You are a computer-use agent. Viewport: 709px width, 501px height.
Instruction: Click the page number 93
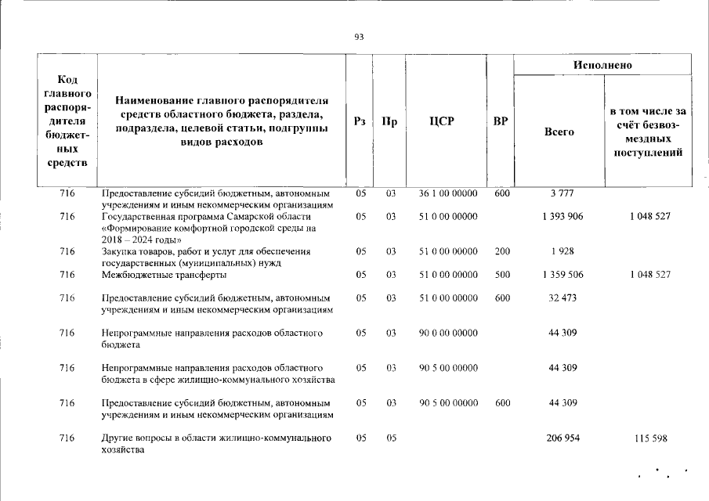(359, 37)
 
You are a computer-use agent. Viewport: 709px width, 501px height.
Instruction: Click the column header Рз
(360, 121)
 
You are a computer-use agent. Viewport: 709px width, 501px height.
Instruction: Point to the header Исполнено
(602, 64)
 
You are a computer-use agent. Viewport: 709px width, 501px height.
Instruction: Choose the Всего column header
(559, 132)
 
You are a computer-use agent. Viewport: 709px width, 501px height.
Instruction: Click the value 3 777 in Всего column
(562, 193)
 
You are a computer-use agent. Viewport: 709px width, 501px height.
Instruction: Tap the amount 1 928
(562, 251)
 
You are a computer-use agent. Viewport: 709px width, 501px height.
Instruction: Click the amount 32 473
(562, 298)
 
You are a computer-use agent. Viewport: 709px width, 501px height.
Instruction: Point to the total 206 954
(562, 438)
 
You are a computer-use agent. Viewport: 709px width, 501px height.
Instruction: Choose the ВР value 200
(502, 251)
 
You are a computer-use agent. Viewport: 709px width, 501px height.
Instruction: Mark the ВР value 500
(502, 275)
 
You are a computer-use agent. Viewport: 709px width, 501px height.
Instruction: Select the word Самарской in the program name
(247, 216)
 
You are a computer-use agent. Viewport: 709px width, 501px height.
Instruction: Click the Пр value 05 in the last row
(389, 438)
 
